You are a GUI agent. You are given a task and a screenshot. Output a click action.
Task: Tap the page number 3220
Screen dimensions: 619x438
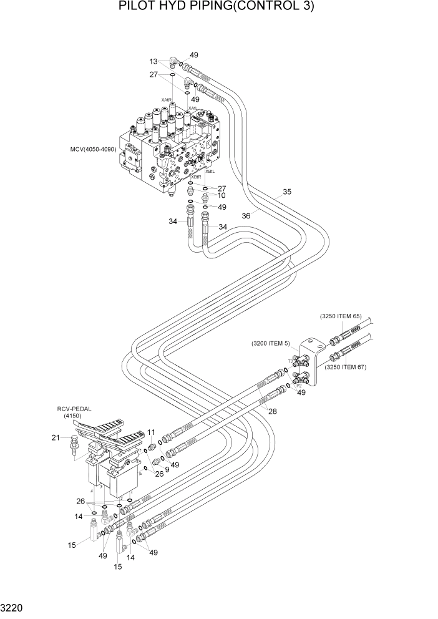tap(14, 607)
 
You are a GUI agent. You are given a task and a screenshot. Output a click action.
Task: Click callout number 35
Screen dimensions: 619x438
tap(286, 192)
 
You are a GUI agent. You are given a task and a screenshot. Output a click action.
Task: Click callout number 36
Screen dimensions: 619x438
tap(246, 215)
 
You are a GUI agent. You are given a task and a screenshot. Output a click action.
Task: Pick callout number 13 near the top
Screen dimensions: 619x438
tap(153, 61)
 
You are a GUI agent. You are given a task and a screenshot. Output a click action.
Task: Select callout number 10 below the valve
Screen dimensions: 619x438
tap(221, 195)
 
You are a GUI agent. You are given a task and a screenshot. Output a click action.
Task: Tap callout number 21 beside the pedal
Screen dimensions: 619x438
tap(55, 437)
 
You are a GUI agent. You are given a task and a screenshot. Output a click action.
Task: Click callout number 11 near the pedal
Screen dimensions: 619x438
tap(151, 432)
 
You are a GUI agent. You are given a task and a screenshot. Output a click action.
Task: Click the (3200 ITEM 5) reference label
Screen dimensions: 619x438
tap(271, 343)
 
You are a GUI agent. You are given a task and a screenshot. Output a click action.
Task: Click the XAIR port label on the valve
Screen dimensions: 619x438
tap(167, 99)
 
